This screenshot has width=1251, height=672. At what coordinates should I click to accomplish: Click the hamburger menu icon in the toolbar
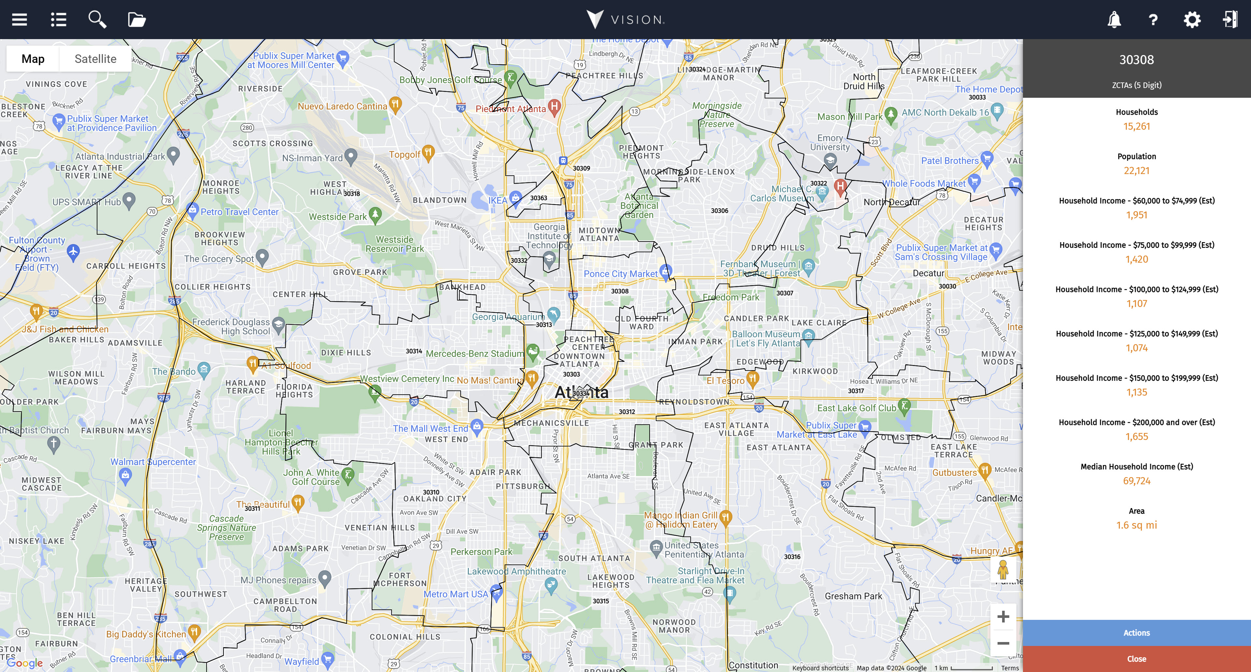[x=20, y=20]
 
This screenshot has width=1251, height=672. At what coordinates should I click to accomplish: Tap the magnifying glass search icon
[x=97, y=20]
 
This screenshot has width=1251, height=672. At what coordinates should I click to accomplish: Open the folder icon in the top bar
[x=137, y=20]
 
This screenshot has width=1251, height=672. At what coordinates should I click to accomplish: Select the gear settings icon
[x=1192, y=20]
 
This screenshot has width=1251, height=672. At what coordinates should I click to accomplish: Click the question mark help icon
[x=1153, y=20]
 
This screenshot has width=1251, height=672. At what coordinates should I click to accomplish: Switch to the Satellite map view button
[x=95, y=59]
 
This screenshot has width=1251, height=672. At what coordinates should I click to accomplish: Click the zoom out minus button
[x=1003, y=643]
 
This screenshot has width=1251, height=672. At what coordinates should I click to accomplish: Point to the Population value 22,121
[x=1136, y=170]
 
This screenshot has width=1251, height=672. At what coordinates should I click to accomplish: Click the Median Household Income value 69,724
[x=1136, y=481]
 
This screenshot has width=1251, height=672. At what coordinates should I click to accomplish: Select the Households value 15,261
[x=1136, y=126]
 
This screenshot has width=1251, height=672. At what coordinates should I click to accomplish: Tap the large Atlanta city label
[x=581, y=392]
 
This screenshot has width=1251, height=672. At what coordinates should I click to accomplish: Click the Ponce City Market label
[x=620, y=273]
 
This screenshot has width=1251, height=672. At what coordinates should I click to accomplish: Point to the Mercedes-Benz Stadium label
[x=474, y=353]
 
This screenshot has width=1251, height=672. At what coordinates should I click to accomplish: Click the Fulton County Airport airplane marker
[x=73, y=252]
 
